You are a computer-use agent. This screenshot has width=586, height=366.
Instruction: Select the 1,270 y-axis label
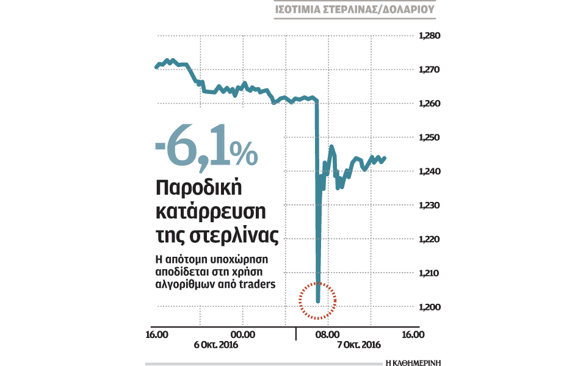429,70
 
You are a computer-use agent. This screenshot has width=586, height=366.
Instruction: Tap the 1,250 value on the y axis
429,138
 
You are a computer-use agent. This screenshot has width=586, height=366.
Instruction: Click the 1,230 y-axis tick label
429,206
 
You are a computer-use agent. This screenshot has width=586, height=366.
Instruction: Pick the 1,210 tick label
429,273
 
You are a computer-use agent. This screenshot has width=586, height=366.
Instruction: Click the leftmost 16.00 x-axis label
157,334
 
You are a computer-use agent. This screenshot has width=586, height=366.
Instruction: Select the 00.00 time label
243,334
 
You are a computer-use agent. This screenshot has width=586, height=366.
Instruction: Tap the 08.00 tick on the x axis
327,334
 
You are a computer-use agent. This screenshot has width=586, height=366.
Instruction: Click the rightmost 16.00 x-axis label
413,334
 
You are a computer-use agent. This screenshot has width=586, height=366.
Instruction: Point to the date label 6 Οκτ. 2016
216,345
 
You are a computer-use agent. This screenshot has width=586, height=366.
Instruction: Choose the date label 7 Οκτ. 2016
360,345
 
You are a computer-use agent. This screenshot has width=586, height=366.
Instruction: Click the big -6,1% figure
206,151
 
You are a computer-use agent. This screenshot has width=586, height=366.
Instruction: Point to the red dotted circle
318,300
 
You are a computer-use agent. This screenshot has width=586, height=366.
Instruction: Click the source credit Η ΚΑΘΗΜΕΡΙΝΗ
414,361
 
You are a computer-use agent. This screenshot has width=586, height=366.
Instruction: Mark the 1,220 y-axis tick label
429,239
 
